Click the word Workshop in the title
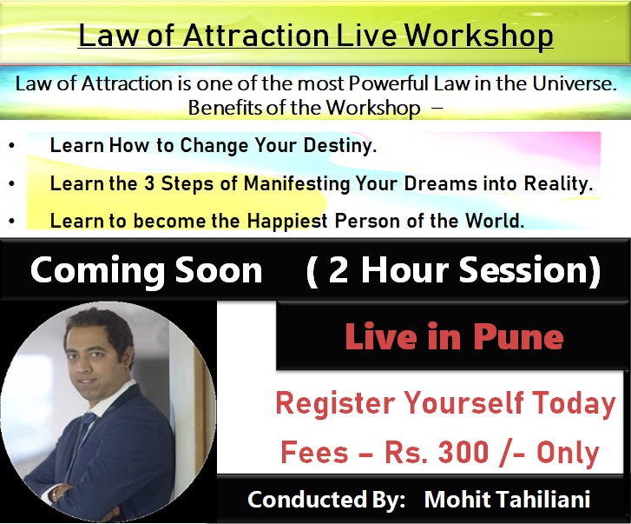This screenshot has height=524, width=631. pyautogui.click(x=478, y=36)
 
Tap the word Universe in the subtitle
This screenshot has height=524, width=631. pyautogui.click(x=575, y=83)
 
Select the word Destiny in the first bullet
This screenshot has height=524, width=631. pyautogui.click(x=340, y=146)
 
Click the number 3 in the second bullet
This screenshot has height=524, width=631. pyautogui.click(x=149, y=183)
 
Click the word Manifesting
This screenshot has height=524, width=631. pyautogui.click(x=297, y=184)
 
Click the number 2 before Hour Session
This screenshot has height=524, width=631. pyautogui.click(x=338, y=270)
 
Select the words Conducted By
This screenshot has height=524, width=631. pyautogui.click(x=326, y=500)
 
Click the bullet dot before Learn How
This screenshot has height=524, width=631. pyautogui.click(x=11, y=146)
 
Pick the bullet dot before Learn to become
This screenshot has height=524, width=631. pyautogui.click(x=11, y=221)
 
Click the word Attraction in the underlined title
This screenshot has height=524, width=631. pyautogui.click(x=255, y=36)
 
